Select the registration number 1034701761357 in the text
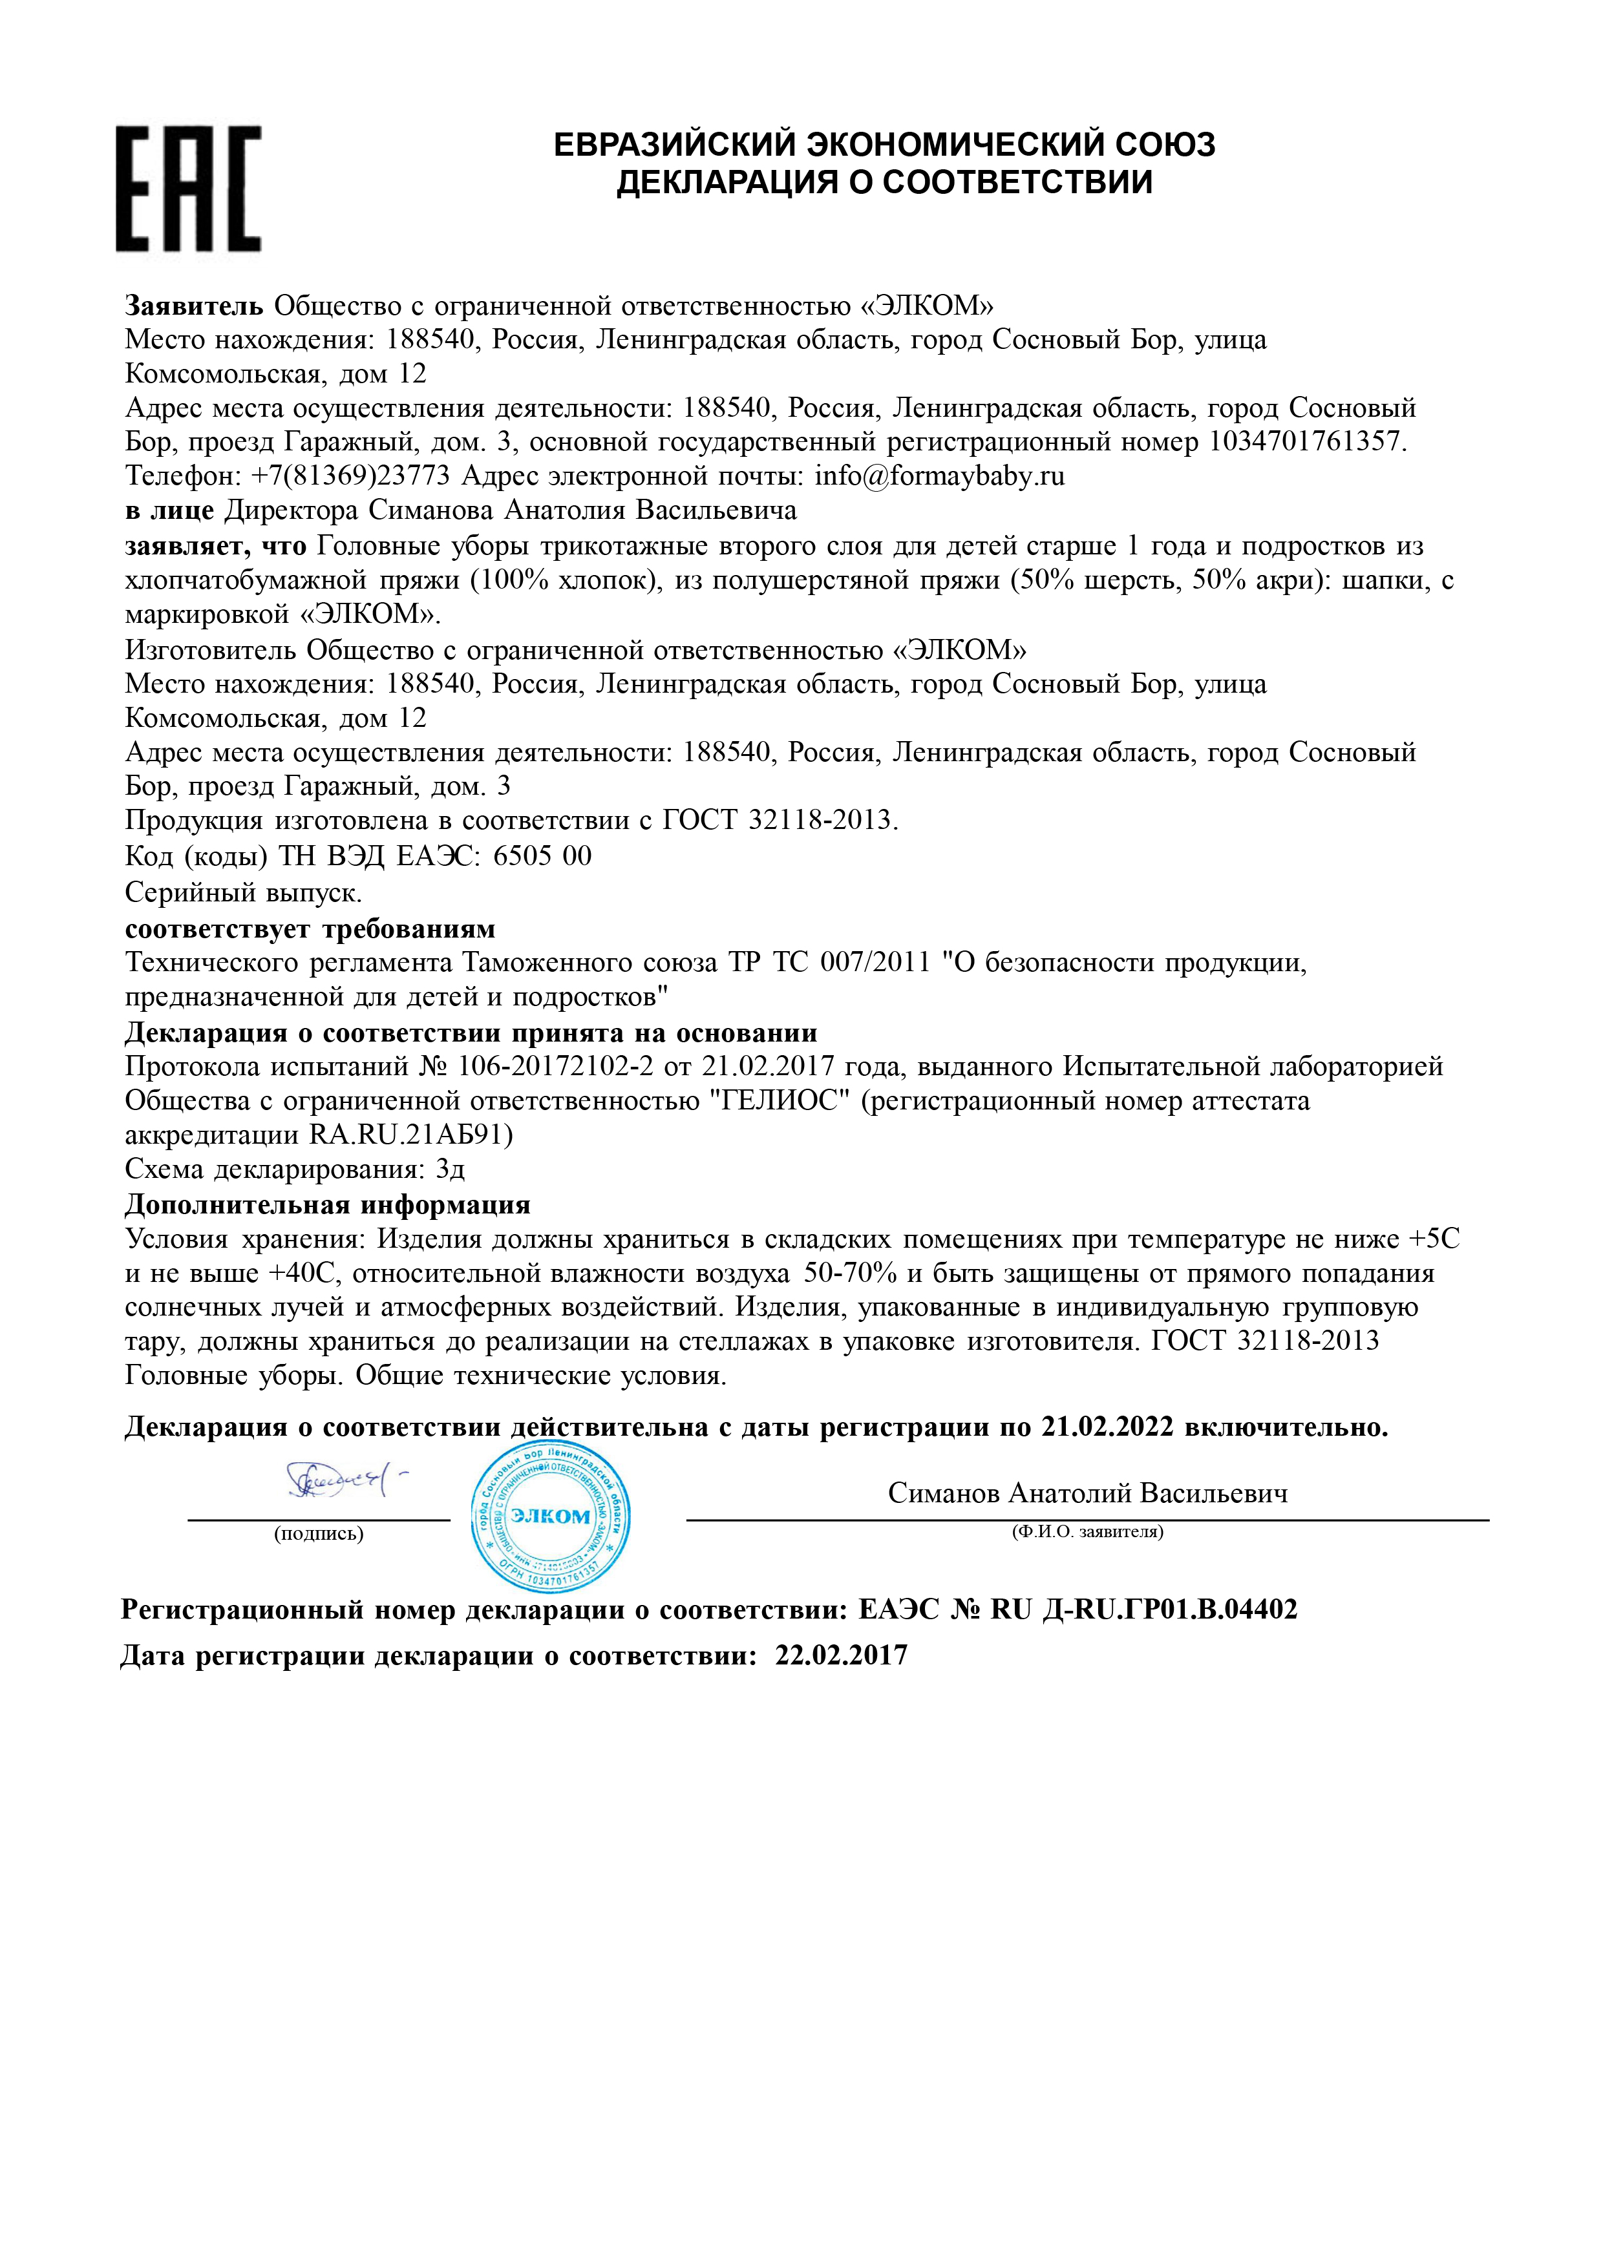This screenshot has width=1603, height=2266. point(1305,441)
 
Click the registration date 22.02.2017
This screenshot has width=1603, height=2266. point(841,1656)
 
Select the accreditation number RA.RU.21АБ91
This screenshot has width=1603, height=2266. point(410,1135)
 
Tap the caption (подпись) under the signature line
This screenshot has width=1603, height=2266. point(318,1534)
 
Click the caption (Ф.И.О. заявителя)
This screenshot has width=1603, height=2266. point(1087,1533)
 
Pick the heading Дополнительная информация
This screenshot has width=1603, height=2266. point(328,1205)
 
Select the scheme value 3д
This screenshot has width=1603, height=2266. point(450,1171)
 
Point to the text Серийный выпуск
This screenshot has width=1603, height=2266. point(243,893)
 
